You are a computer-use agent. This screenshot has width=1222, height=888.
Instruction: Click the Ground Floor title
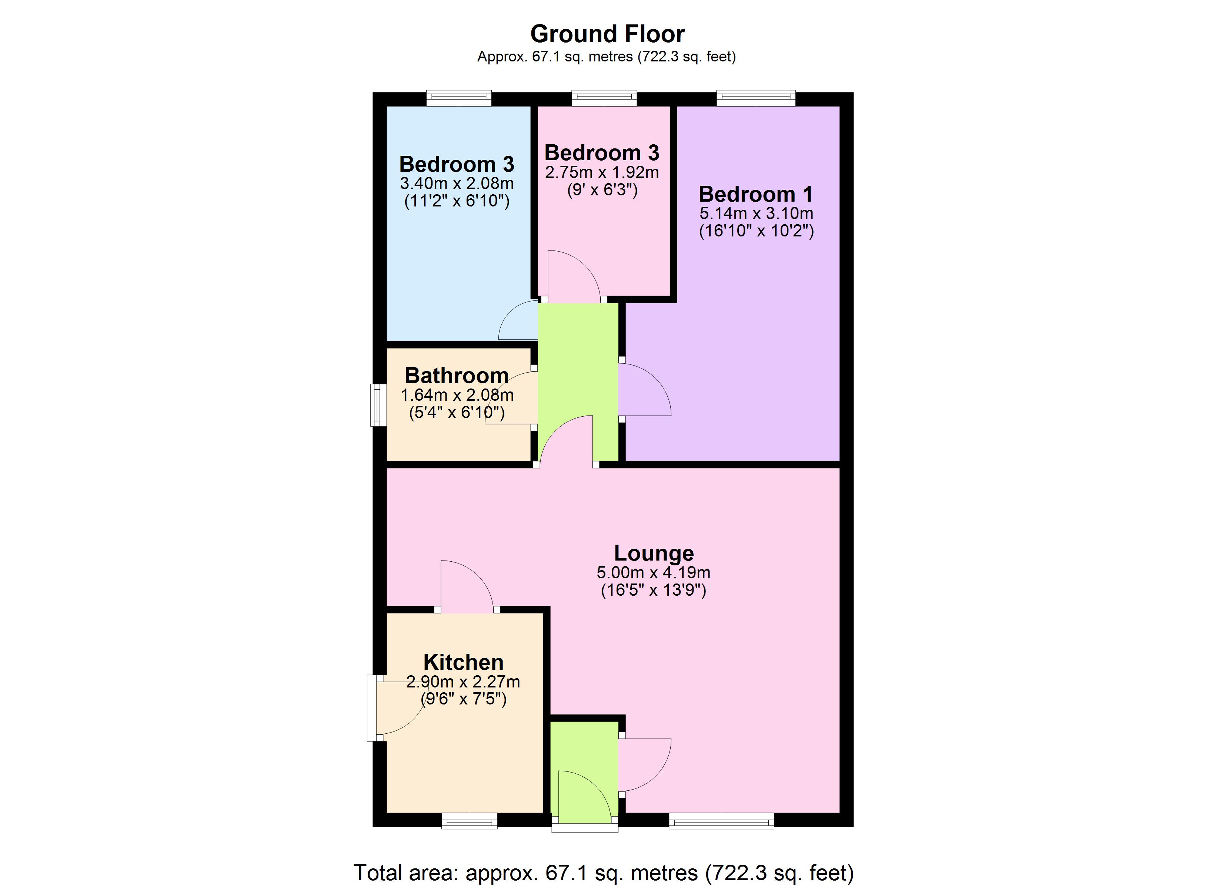coord(607,34)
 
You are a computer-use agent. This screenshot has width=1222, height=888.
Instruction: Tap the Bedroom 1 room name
coord(755,194)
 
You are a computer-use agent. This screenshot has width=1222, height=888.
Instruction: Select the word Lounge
coord(654,553)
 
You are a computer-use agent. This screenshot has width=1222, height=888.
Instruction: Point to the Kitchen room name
coord(463,662)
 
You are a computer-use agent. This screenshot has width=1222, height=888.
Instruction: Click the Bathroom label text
coord(456,375)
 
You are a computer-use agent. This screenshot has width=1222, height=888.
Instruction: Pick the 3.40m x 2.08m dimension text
coord(456,184)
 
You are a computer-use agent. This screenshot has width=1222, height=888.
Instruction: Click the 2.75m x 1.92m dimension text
coord(602,172)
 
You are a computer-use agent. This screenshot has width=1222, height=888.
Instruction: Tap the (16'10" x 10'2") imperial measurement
coord(756,231)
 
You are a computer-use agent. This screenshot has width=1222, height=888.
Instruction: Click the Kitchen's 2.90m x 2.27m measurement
coord(463,682)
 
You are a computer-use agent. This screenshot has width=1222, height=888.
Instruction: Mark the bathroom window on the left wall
coord(378,404)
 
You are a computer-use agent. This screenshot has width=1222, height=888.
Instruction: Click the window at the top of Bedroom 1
coord(755,98)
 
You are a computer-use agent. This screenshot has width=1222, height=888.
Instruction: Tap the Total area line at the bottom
coord(604,872)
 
